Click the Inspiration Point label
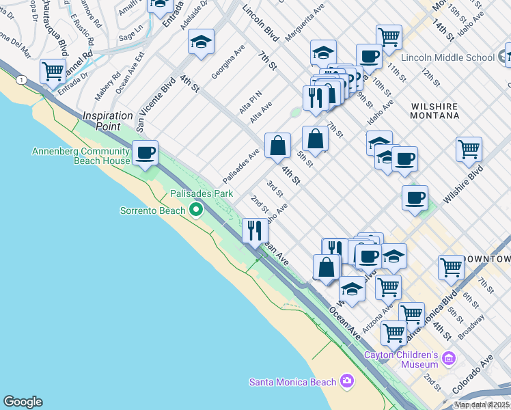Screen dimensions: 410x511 tap(107, 121)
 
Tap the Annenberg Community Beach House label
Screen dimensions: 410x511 tap(81, 156)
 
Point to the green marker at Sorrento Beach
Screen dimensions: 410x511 tap(197, 210)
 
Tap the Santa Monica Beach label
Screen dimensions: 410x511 tap(292, 381)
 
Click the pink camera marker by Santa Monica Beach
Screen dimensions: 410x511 tap(347, 381)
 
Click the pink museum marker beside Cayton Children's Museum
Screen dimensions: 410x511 tap(448, 358)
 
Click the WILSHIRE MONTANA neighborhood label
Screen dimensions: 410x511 tap(435, 111)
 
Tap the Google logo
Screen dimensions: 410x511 tap(23, 402)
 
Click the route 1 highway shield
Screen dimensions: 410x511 tap(23, 80)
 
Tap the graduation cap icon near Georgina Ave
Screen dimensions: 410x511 tap(202, 42)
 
